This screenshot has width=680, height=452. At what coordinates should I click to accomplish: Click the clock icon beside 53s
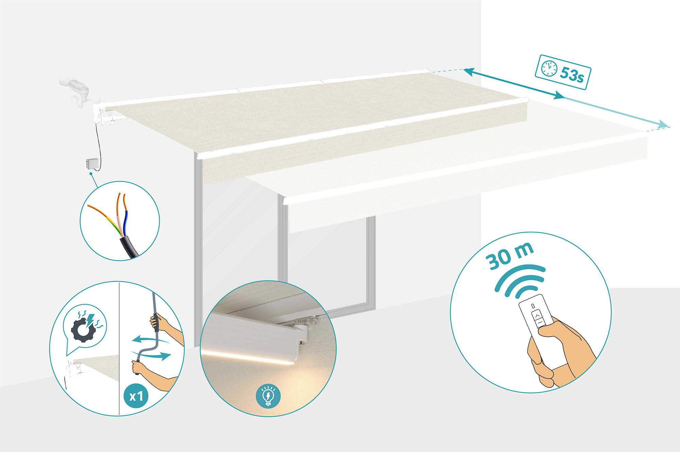point(549,68)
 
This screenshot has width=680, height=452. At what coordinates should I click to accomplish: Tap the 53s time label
point(572,74)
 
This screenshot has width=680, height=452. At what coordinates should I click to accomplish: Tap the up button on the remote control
point(538,316)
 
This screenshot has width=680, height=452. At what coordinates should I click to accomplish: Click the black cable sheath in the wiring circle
point(129,247)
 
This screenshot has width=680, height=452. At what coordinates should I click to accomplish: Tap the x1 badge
point(136,396)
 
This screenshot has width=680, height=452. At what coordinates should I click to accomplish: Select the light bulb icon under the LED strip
point(268,396)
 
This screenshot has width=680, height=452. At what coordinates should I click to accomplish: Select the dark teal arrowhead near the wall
point(469,72)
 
